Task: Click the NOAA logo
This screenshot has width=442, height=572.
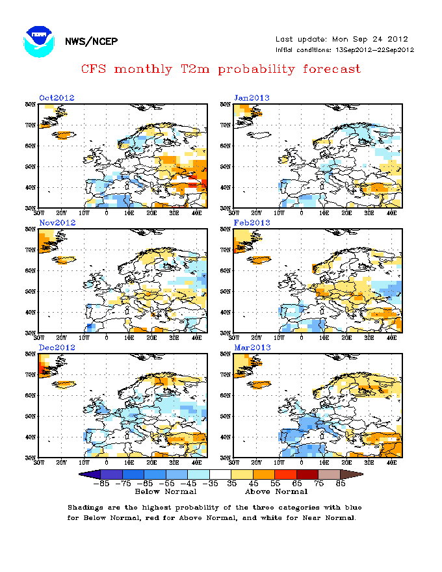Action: click(x=38, y=41)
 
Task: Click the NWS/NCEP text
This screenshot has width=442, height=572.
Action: click(x=91, y=42)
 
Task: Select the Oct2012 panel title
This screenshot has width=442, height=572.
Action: click(x=57, y=97)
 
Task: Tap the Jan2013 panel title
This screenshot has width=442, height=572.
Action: click(x=252, y=97)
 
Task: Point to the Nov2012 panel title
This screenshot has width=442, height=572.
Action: click(x=57, y=222)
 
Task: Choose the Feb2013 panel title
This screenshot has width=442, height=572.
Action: click(x=252, y=222)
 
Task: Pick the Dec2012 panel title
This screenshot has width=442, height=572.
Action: click(x=57, y=347)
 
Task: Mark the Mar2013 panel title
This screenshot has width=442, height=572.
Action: click(x=252, y=347)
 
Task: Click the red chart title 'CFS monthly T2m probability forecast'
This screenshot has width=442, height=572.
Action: click(x=221, y=68)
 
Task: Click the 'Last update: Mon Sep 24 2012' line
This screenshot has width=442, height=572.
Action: click(x=342, y=39)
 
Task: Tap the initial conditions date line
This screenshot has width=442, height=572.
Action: click(x=344, y=50)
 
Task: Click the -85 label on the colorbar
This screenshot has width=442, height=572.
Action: click(x=100, y=483)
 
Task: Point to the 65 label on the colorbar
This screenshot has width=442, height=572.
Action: click(x=297, y=483)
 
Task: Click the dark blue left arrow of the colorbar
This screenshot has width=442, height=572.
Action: click(x=88, y=474)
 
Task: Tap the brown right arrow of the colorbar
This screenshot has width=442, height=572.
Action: click(x=352, y=474)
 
